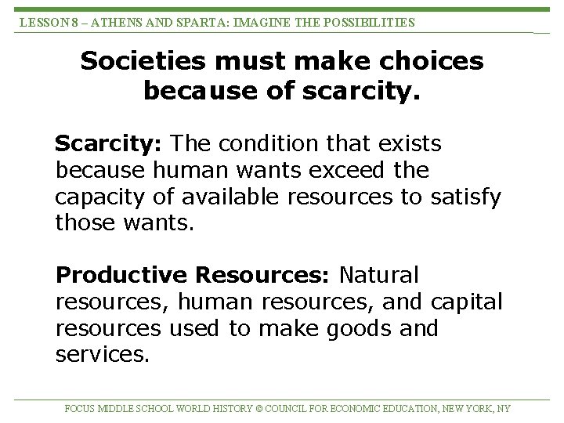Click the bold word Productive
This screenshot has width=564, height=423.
pos(121,276)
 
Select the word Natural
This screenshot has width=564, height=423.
pos(378,276)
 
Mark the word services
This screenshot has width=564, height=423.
pos(102,355)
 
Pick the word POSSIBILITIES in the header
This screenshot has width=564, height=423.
pos(367,23)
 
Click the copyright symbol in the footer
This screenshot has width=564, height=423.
pos(259,408)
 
